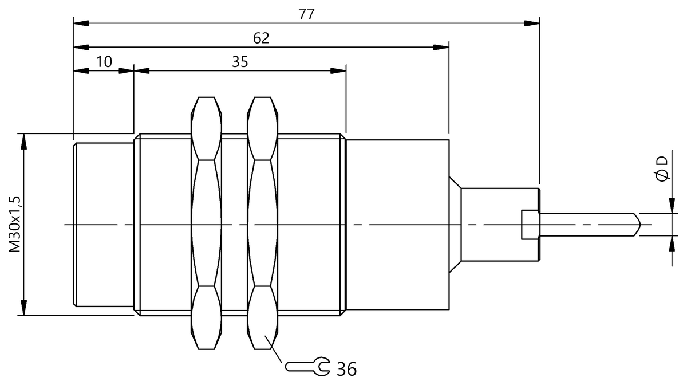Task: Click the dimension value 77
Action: pyautogui.click(x=306, y=15)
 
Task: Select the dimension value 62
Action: pyautogui.click(x=261, y=38)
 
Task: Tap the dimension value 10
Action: pyautogui.click(x=104, y=62)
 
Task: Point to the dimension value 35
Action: pyautogui.click(x=240, y=62)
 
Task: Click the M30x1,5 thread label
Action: pyautogui.click(x=15, y=223)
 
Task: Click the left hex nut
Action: pyautogui.click(x=206, y=223)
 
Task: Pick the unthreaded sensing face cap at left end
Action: pyautogui.click(x=104, y=224)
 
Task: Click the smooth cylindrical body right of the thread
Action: pyautogui.click(x=398, y=224)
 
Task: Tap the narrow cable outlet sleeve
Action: pyautogui.click(x=492, y=224)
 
